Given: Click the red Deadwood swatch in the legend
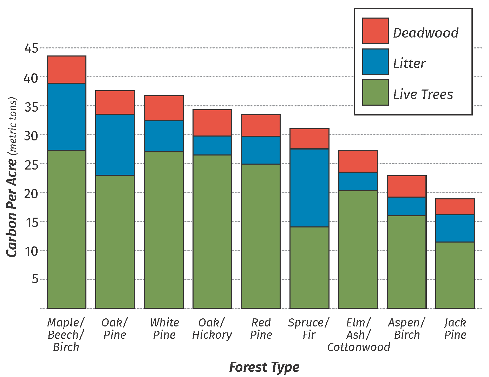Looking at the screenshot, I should [375, 31].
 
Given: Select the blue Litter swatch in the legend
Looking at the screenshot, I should [375, 62].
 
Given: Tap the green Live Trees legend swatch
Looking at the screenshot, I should [375, 92].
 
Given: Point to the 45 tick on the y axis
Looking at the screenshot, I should [31, 48].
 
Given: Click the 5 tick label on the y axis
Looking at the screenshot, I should [35, 279].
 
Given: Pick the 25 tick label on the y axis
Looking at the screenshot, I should [31, 164].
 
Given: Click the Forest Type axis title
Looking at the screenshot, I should [264, 367].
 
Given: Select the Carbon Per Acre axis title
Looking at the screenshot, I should [12, 177].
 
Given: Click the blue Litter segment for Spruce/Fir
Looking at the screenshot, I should [309, 188].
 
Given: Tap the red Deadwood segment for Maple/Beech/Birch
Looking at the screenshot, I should [66, 70].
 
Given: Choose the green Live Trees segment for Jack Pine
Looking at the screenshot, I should [455, 275].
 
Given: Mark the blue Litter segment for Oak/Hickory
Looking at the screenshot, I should [212, 145].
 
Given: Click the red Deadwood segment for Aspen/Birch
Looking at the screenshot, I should [406, 186].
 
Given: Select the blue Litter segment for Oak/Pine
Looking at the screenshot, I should [115, 145].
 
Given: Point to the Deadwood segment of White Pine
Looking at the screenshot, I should [164, 108].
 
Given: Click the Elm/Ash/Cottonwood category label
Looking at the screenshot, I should [358, 335].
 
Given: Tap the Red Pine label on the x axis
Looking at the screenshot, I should [261, 329].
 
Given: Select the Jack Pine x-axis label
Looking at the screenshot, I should [455, 329].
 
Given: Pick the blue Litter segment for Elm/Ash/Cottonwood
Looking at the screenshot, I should [358, 181].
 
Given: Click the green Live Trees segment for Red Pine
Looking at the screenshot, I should [261, 236].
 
